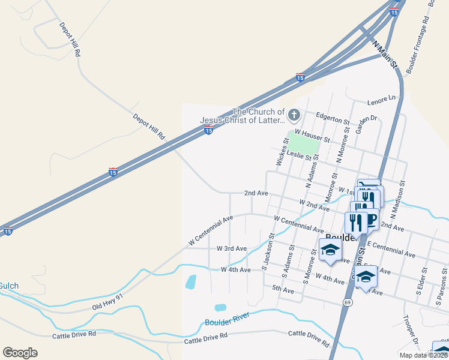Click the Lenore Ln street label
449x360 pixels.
[x=384, y=97]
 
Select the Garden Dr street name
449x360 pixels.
[x=365, y=118]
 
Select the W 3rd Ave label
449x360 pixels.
[x=232, y=248]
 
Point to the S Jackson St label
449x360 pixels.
[x=268, y=251]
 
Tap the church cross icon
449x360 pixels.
[x=294, y=114]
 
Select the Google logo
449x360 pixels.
[x=20, y=352]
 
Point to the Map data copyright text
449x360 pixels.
[x=423, y=355]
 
